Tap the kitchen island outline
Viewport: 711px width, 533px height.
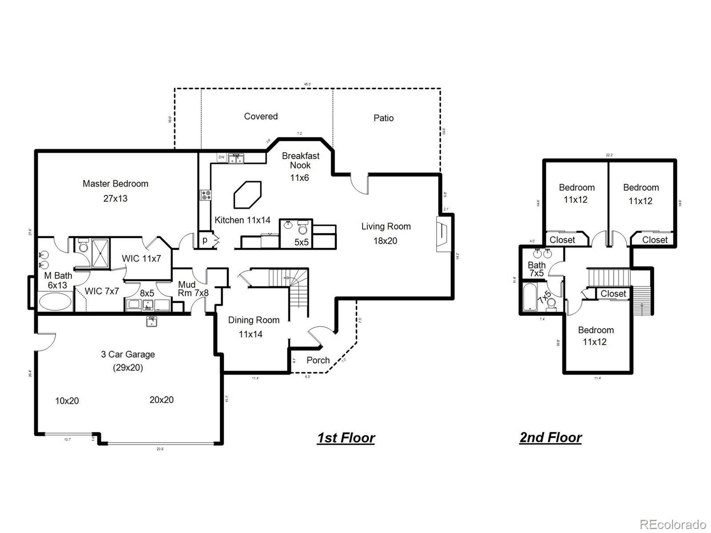[247, 195]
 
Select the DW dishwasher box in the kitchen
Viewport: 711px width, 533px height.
[221, 157]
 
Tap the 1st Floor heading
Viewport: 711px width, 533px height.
[346, 438]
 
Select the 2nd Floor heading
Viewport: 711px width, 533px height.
[550, 438]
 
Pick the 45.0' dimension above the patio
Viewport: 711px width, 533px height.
[307, 84]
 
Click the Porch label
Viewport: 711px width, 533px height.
[318, 360]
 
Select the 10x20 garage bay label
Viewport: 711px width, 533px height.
[67, 401]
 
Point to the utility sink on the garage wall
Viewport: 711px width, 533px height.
[151, 321]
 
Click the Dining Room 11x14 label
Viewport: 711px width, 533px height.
[253, 327]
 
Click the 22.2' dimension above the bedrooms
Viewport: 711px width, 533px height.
[609, 155]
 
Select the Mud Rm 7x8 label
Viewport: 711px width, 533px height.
[193, 289]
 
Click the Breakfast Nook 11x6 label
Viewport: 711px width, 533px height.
[300, 166]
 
